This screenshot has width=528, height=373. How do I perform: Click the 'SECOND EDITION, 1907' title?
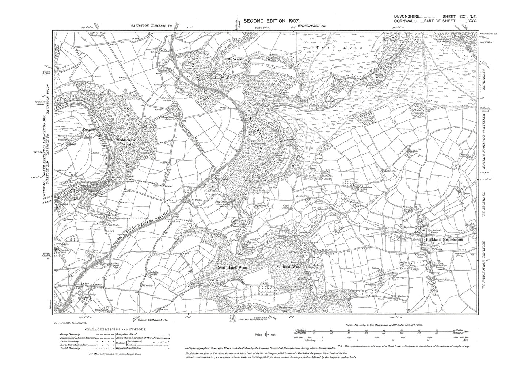[266, 22]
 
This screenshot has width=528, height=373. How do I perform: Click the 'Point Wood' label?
[232, 58]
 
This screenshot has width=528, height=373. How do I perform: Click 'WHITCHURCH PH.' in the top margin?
[311, 26]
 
